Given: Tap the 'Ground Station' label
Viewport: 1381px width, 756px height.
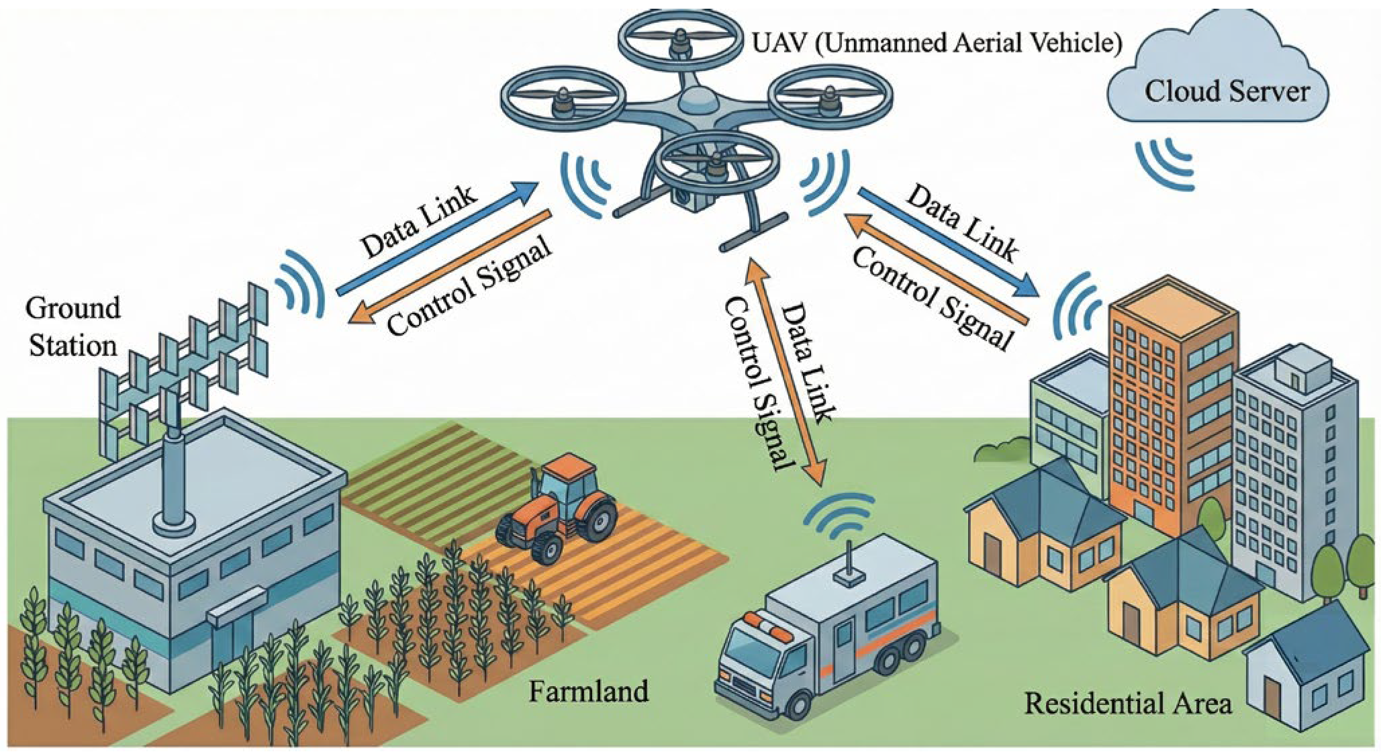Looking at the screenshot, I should (x=73, y=327).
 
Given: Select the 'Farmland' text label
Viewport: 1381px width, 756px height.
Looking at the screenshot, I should (x=588, y=690).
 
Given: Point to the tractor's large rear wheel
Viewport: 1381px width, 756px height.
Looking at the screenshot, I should (x=594, y=520).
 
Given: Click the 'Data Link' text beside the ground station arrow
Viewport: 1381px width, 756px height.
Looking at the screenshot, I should (x=418, y=222).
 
